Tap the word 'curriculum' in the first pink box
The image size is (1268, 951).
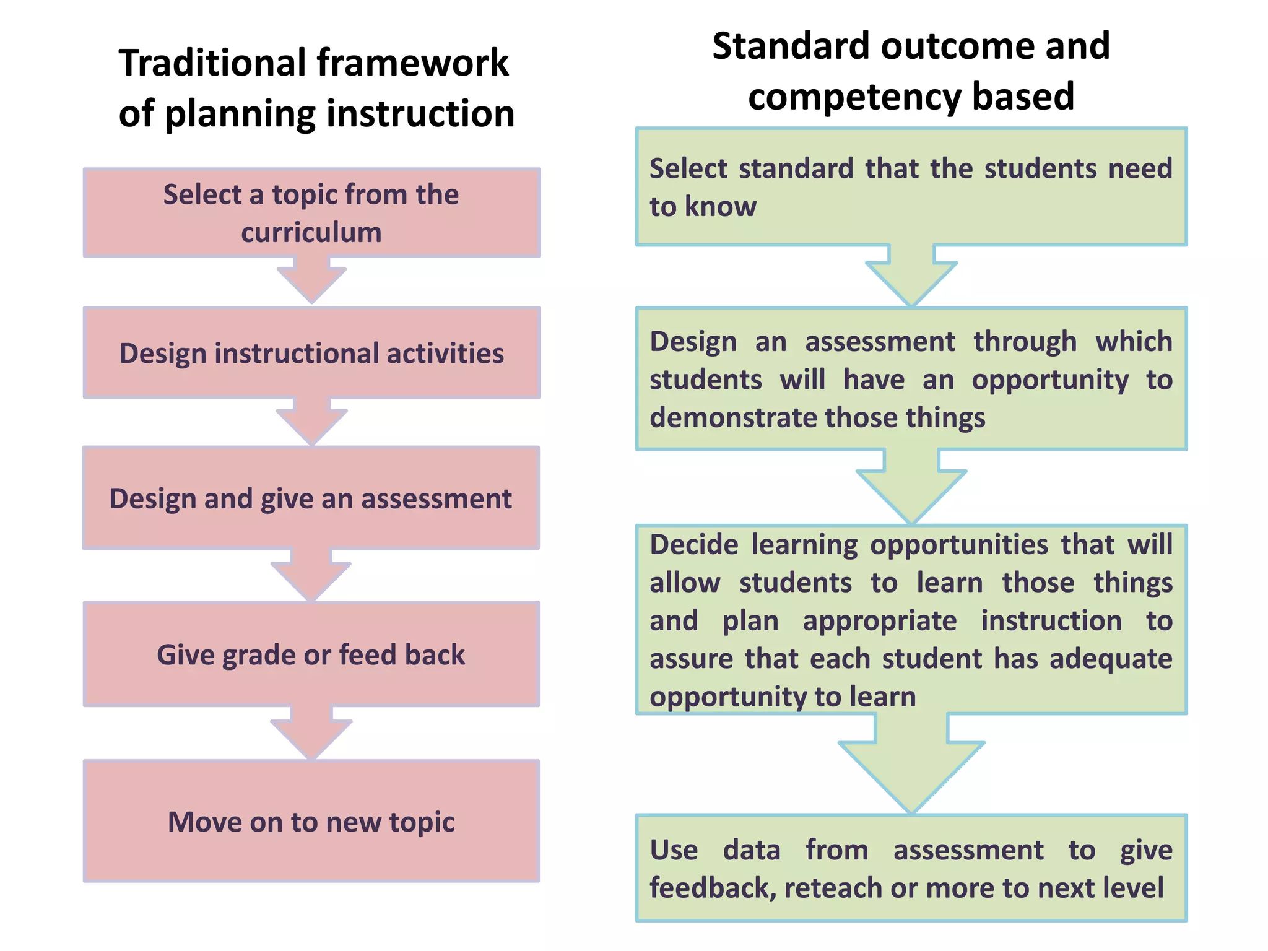[x=311, y=233]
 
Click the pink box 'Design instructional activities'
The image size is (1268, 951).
[x=311, y=352]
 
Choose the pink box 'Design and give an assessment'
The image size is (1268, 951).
[x=311, y=498]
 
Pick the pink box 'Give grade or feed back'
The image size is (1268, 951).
[x=311, y=654]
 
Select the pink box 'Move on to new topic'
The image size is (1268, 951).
[x=311, y=822]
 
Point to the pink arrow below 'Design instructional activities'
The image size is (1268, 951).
[x=311, y=422]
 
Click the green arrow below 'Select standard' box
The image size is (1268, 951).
[x=911, y=276]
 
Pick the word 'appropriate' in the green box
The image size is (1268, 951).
[x=879, y=621]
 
